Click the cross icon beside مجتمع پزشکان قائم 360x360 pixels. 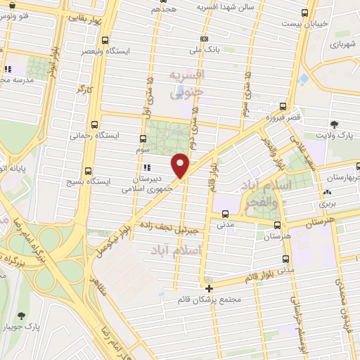(210, 288)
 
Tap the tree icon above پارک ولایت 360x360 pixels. (333, 124)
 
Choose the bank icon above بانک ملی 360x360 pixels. (204, 39)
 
